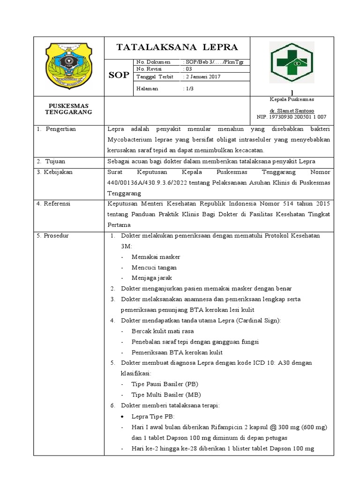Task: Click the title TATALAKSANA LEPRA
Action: click(177, 47)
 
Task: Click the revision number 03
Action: click(187, 69)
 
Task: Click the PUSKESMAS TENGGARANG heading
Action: click(68, 109)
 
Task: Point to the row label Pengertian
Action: click(60, 129)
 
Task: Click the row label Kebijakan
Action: click(56, 172)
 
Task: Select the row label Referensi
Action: click(56, 204)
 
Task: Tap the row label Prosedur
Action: click(56, 235)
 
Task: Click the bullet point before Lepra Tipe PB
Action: click(122, 416)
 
